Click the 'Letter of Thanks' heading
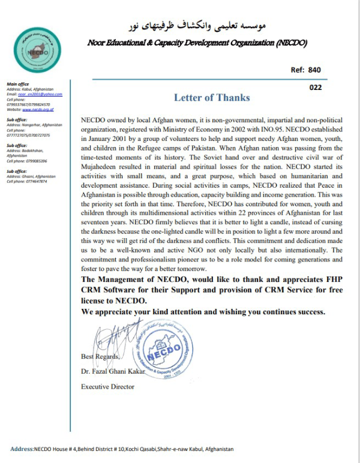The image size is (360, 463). [x=212, y=98]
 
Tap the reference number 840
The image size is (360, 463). [x=314, y=70]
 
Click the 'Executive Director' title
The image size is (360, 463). [x=108, y=387]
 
